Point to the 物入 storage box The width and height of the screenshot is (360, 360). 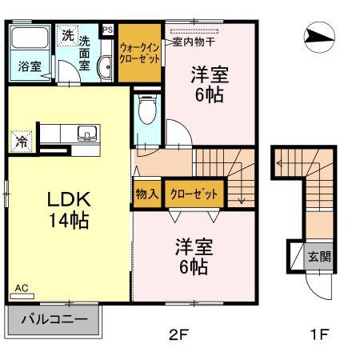click(x=146, y=194)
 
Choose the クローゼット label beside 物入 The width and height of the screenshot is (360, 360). click(x=193, y=194)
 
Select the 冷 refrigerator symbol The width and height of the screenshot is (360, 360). click(x=21, y=142)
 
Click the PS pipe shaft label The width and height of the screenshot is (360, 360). click(x=108, y=30)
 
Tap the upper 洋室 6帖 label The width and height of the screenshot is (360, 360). click(x=210, y=85)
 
